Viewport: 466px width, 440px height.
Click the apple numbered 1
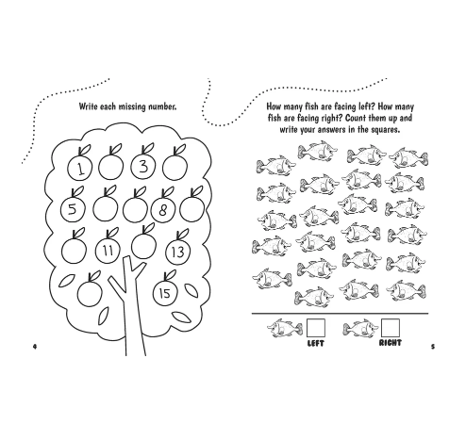tap(79, 167)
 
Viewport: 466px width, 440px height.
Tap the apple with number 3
tap(143, 165)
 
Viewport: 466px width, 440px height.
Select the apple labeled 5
tap(73, 207)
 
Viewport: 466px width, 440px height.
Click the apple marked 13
tap(178, 250)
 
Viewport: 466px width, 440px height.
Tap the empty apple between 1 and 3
tap(111, 166)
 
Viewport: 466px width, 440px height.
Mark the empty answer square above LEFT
tap(316, 328)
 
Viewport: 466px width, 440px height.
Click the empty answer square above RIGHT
tap(391, 328)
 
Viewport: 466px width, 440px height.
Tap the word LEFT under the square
tap(316, 343)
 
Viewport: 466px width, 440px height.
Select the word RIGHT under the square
tap(391, 343)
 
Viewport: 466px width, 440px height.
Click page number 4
tap(35, 347)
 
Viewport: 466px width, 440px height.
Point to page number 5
tap(433, 347)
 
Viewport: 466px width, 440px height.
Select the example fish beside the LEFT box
tap(285, 328)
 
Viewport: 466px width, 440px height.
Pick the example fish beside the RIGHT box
tap(361, 329)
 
